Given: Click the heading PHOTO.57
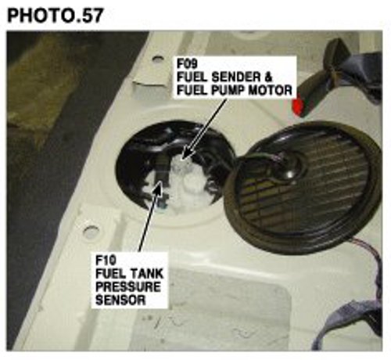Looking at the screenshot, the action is coord(56,16).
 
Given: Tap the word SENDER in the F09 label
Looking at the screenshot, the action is coord(235,77).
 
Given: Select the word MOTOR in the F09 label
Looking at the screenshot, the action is coord(270,91).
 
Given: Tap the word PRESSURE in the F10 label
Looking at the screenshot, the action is coord(127,286).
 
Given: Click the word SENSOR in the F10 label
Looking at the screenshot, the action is coord(120,300).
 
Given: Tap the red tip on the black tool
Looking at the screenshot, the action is coord(297,107).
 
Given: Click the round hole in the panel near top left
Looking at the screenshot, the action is coord(157,59).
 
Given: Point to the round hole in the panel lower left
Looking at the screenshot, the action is coord(91,232).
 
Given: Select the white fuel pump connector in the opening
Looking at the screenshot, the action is coord(185,180).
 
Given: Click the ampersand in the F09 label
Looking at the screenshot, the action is coord(267,77).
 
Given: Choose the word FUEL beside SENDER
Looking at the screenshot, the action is coord(192,77).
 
